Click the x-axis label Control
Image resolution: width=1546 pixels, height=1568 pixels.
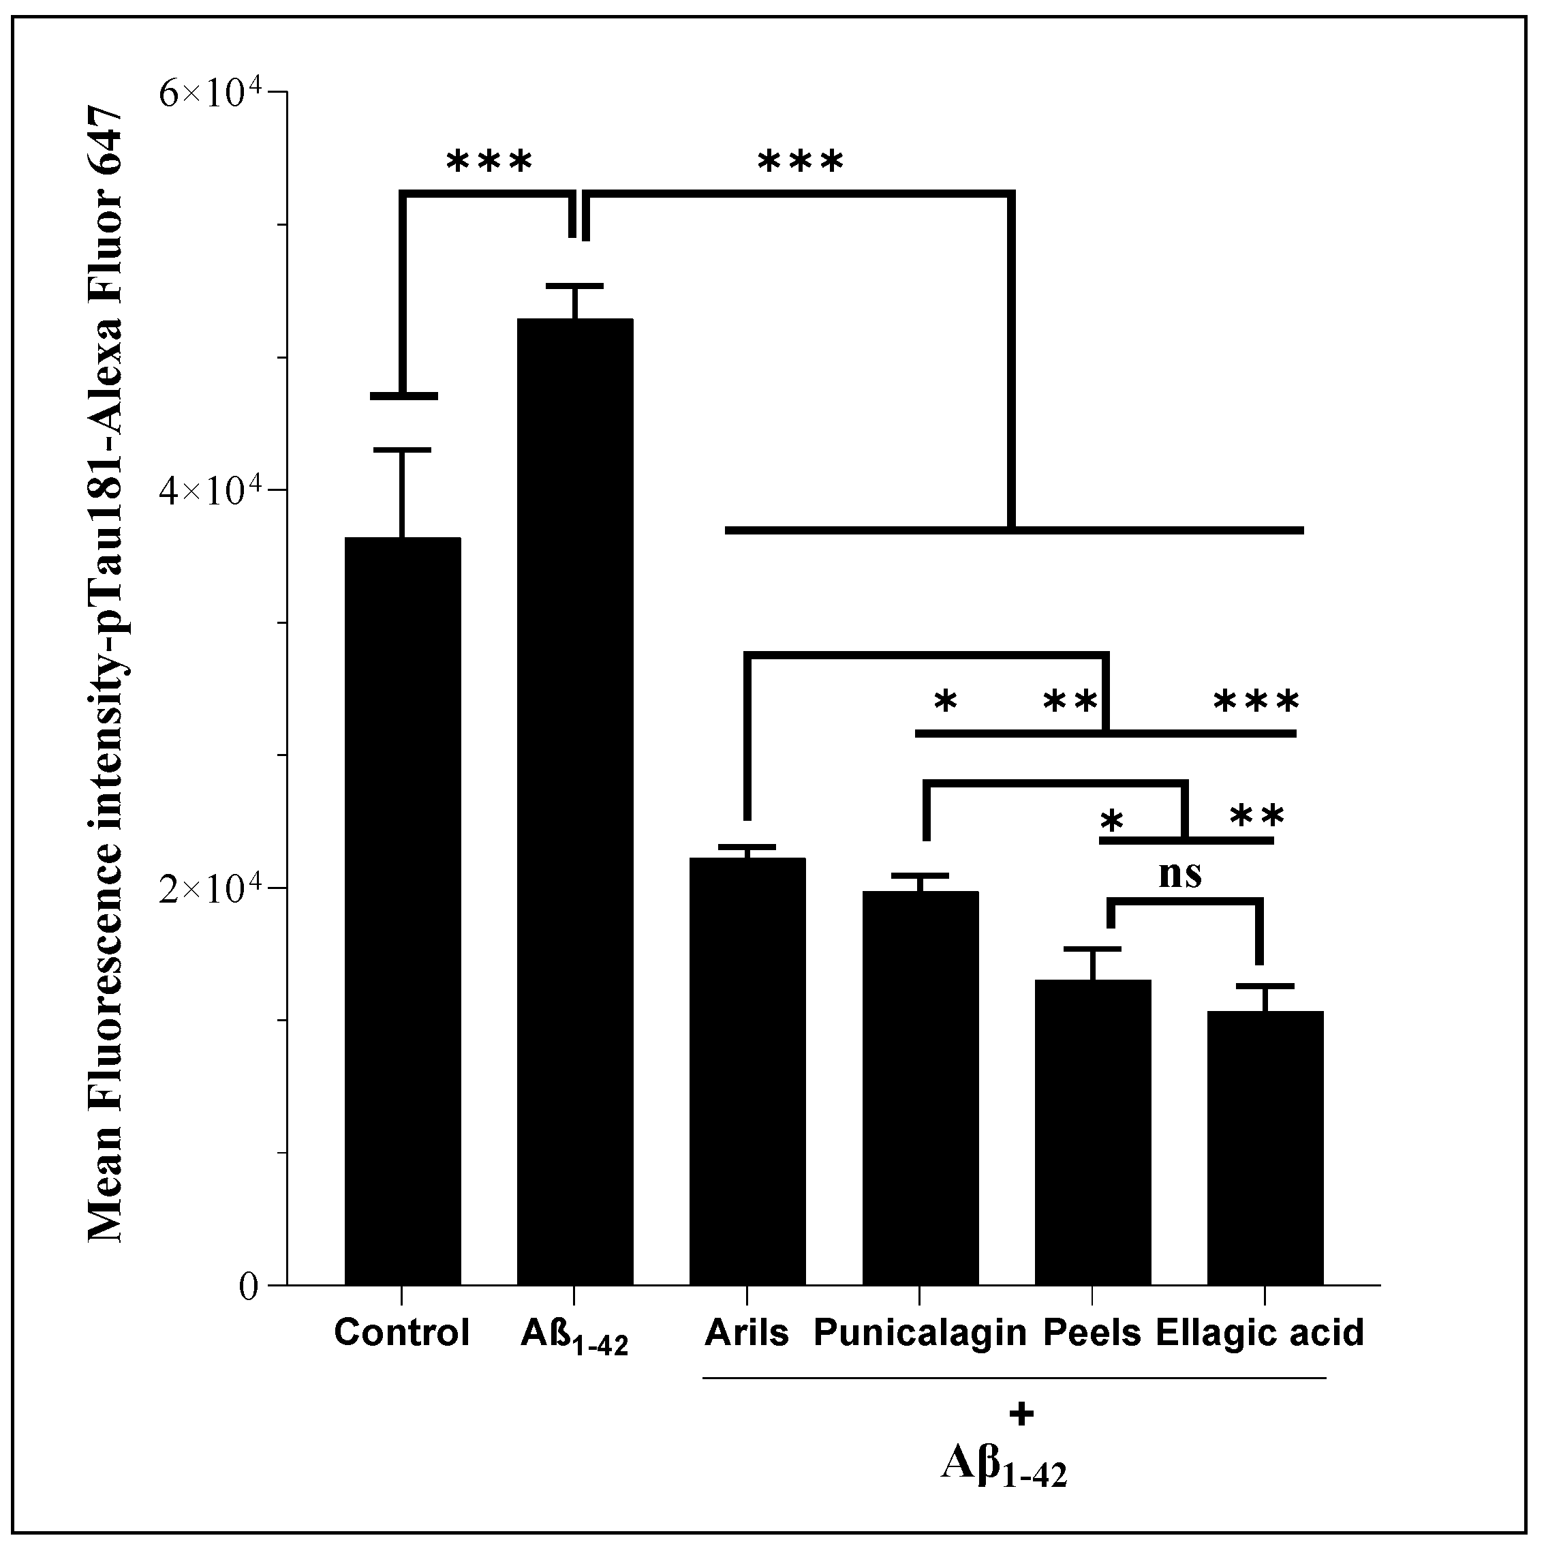(401, 1333)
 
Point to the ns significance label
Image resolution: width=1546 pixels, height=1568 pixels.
(1179, 874)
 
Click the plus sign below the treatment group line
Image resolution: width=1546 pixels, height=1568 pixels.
(1022, 1415)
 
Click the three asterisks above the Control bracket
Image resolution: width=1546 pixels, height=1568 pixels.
(489, 161)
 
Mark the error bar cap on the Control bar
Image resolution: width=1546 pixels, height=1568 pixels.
(402, 450)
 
